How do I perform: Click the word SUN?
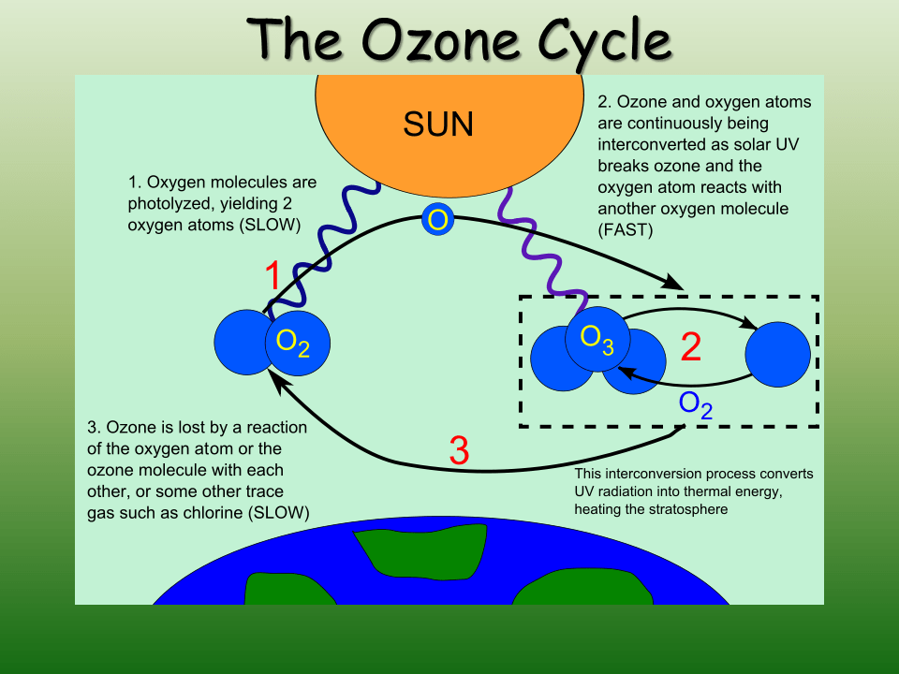coord(438,124)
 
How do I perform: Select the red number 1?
coord(273,277)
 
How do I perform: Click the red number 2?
coord(691,347)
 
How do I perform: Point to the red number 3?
coord(459,452)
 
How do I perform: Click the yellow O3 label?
coord(597,338)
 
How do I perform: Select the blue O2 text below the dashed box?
coord(696,404)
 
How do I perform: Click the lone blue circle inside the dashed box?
coord(777,355)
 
